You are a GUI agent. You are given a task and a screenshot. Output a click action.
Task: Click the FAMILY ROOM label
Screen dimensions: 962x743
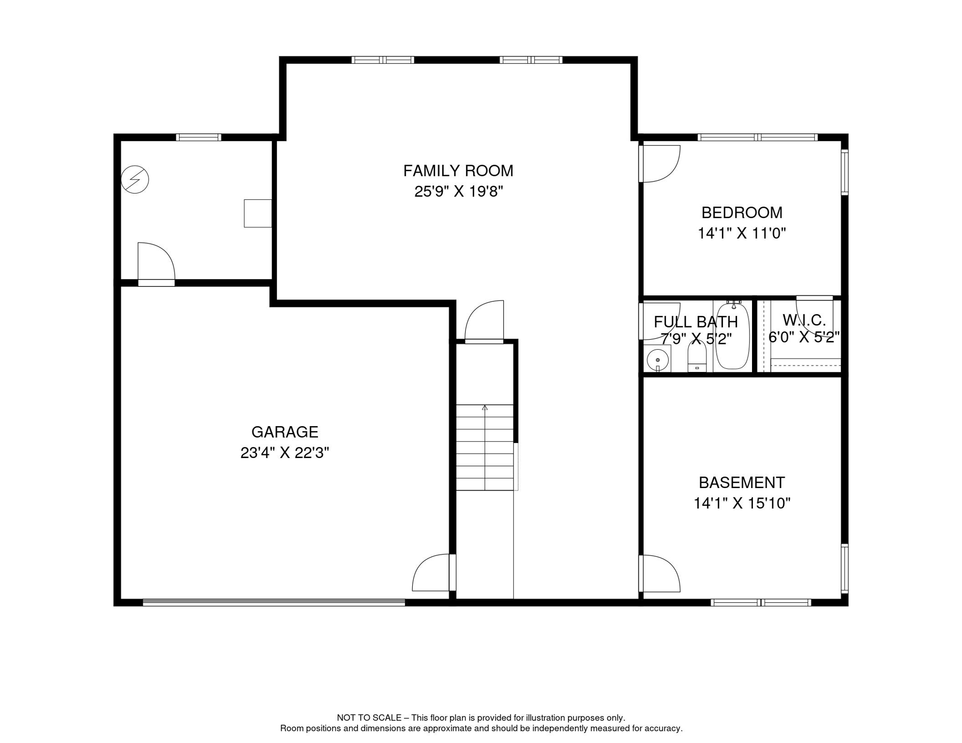pos(458,171)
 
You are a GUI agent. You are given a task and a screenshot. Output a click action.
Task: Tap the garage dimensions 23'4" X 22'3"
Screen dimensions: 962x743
pos(285,453)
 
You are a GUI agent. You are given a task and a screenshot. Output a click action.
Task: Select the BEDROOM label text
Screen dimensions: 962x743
pos(741,212)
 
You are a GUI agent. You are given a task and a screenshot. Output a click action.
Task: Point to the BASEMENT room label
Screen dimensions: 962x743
pos(741,482)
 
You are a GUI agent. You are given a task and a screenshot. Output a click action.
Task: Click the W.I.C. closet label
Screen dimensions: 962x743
pos(804,320)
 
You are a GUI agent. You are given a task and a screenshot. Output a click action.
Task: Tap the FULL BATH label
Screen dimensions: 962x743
pos(695,322)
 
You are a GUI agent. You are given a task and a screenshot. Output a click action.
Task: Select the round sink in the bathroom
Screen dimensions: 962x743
pos(658,360)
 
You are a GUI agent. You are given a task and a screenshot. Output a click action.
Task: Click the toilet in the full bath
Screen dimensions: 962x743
pos(697,358)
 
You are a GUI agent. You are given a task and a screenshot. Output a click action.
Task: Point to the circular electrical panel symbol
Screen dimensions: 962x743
pos(135,179)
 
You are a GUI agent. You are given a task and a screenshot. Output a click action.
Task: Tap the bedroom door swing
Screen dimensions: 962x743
pos(660,163)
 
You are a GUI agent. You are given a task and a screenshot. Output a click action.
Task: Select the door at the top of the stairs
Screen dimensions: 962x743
pos(484,322)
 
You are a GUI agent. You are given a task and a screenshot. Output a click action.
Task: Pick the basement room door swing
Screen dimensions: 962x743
pos(660,574)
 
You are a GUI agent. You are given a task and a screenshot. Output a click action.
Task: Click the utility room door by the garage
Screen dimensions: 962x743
pos(156,264)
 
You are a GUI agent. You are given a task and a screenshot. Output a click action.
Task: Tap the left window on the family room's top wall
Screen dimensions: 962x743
pos(382,60)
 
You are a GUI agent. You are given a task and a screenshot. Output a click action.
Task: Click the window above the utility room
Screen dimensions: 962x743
pos(198,137)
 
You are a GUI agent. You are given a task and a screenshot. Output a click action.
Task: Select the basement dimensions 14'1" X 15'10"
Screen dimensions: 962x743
pos(741,503)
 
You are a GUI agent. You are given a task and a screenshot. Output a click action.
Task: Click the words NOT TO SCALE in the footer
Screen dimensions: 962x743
pos(369,718)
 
